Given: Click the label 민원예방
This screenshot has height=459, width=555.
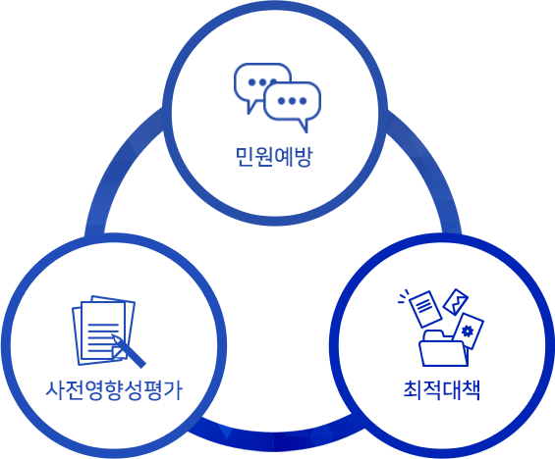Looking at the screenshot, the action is [x=274, y=157].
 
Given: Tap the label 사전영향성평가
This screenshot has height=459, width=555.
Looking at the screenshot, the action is [x=114, y=390].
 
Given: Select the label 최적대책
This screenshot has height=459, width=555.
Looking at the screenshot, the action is [x=442, y=390].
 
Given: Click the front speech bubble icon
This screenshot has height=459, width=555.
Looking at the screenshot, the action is [x=293, y=105].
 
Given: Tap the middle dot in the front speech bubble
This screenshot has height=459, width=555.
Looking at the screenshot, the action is [x=292, y=101].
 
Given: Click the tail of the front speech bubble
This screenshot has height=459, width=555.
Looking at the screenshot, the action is [x=304, y=126].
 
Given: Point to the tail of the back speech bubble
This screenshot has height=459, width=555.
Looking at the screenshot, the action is [x=251, y=107].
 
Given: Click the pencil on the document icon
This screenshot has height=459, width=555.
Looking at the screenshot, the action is [x=128, y=350].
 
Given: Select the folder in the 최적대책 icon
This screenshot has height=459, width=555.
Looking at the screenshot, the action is [x=443, y=348].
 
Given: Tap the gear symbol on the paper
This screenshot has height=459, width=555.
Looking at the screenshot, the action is [x=468, y=331].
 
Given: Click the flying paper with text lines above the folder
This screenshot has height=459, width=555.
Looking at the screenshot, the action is [x=425, y=308].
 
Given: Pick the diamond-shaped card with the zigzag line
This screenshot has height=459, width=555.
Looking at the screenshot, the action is [x=456, y=302].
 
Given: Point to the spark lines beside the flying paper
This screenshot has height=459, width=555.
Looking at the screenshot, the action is [x=403, y=297].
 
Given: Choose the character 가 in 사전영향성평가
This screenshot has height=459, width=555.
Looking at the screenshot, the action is [x=174, y=390].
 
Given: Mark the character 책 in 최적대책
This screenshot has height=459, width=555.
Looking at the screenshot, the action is [x=471, y=390].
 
